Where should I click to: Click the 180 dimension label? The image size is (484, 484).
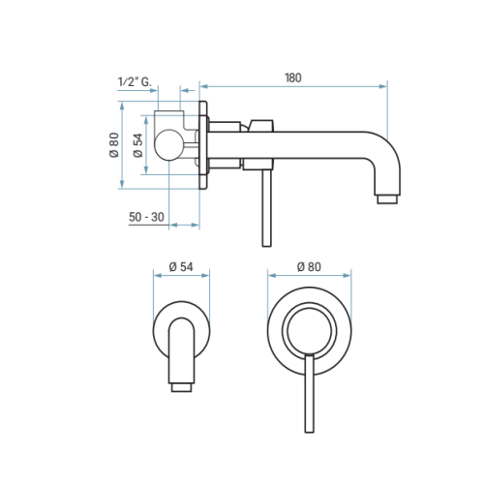point(293,77)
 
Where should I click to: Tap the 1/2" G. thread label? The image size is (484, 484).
point(135,81)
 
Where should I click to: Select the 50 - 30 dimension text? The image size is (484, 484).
point(146,217)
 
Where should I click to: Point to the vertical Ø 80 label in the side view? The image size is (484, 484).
point(114,145)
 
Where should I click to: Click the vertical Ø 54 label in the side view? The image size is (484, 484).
point(137,145)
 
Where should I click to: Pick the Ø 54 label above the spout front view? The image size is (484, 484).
point(181,267)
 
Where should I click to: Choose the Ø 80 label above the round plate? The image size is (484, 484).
point(309,267)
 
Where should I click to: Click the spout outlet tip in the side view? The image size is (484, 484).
point(387,199)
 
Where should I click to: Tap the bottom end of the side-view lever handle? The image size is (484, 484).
point(266,245)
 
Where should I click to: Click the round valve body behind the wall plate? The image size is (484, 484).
point(169,145)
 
